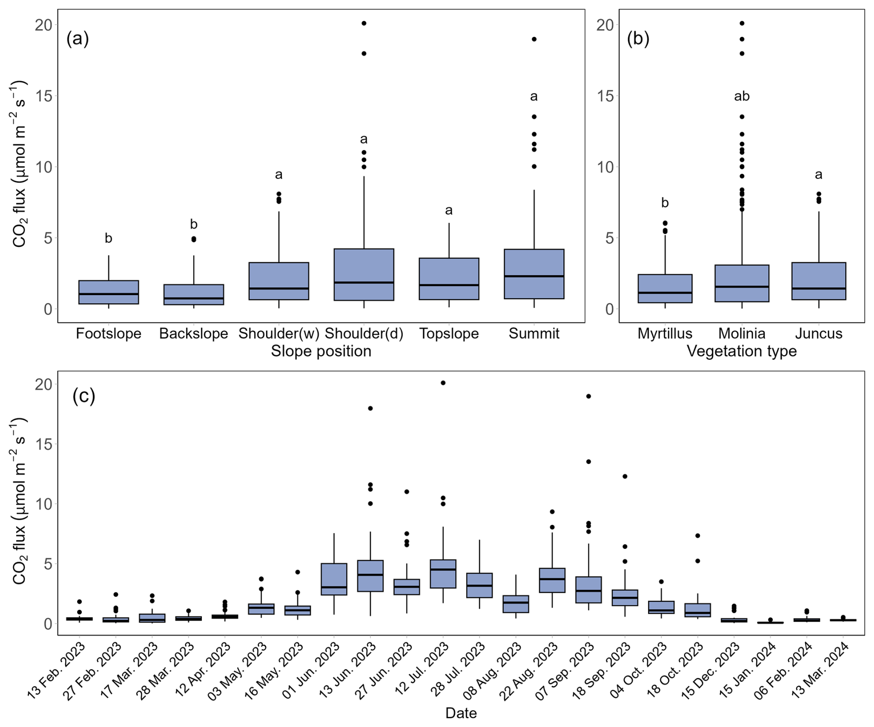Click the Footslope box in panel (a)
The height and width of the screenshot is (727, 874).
coord(109,292)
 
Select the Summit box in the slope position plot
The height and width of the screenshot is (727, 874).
coord(534,274)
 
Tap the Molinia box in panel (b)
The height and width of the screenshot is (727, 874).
coord(742,283)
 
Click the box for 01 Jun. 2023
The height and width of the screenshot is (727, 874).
coord(334,579)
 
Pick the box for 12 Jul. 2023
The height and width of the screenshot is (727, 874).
coord(443,573)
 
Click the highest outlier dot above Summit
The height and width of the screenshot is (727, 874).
coord(534,39)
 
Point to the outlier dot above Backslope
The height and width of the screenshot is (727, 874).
coord(194,239)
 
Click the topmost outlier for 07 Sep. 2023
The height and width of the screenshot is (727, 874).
coord(589,396)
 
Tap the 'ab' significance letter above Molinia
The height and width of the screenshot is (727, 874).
coord(742,96)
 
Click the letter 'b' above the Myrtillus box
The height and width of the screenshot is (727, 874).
coord(665,203)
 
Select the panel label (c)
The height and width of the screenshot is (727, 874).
coord(84,396)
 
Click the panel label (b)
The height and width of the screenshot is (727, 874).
coord(638,38)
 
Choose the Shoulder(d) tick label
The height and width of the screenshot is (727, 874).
coord(364,333)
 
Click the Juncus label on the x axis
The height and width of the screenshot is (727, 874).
coord(819,333)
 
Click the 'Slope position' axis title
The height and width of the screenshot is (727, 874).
coord(321,351)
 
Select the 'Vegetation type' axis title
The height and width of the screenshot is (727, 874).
coord(741,351)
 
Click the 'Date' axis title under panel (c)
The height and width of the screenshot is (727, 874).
coord(461,713)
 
